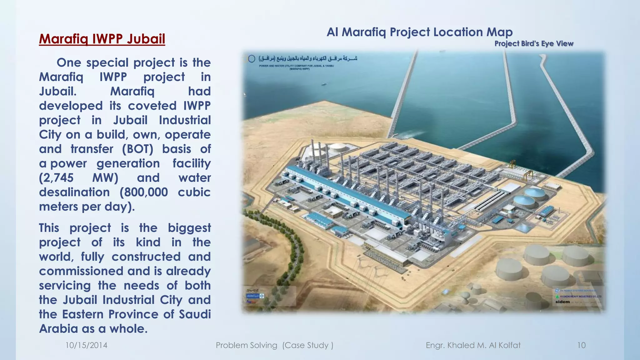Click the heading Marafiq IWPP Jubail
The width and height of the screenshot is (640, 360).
[102, 39]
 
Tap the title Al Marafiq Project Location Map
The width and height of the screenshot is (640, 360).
[419, 32]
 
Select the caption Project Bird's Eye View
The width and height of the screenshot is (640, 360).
[534, 43]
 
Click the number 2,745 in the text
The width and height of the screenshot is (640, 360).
[56, 178]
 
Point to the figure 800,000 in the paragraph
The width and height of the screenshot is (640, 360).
[144, 192]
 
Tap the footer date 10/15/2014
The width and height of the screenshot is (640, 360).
[86, 345]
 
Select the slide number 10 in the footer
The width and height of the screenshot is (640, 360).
[581, 345]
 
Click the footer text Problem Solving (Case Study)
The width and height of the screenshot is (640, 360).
[274, 345]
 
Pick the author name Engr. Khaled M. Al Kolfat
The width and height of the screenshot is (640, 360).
[473, 345]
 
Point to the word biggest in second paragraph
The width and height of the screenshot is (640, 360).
[189, 228]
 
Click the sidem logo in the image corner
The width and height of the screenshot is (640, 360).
[562, 302]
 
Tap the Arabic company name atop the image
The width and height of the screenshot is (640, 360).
[308, 58]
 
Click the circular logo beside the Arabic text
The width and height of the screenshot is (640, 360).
[252, 59]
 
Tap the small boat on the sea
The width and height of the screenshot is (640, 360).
[323, 84]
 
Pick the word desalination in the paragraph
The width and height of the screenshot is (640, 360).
[74, 192]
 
